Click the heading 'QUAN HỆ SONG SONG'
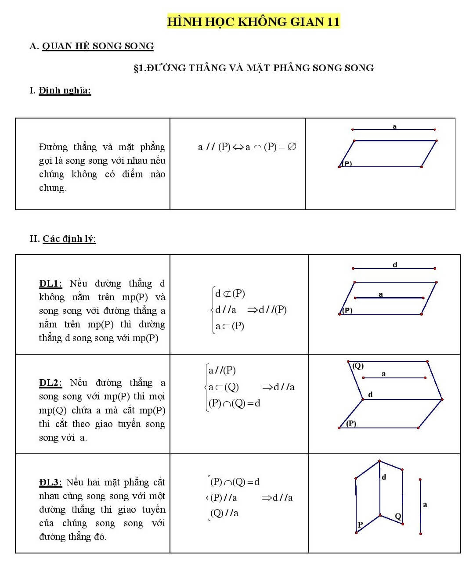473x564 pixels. pyautogui.click(x=98, y=46)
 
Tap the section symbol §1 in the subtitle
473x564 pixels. pyautogui.click(x=140, y=68)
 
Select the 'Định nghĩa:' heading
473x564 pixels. pyautogui.click(x=65, y=90)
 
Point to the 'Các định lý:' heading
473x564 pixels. pyautogui.click(x=69, y=239)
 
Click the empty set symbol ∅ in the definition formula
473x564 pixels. pyautogui.click(x=292, y=147)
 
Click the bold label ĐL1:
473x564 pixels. pyautogui.click(x=50, y=284)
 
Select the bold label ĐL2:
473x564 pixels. pyautogui.click(x=50, y=383)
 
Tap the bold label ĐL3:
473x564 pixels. pyautogui.click(x=50, y=482)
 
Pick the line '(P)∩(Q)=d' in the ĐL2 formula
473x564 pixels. pyautogui.click(x=234, y=403)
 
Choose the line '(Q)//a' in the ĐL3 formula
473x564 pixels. pyautogui.click(x=224, y=513)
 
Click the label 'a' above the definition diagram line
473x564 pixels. pyautogui.click(x=394, y=126)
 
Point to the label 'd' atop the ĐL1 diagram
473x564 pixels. pyautogui.click(x=395, y=265)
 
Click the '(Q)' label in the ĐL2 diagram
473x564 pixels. pyautogui.click(x=358, y=366)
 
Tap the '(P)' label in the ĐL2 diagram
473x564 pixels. pyautogui.click(x=351, y=424)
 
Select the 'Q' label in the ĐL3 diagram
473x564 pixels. pyautogui.click(x=398, y=516)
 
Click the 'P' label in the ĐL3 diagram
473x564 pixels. pyautogui.click(x=360, y=524)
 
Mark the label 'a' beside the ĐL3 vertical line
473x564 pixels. pyautogui.click(x=425, y=505)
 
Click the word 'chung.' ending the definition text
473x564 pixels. pyautogui.click(x=53, y=188)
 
